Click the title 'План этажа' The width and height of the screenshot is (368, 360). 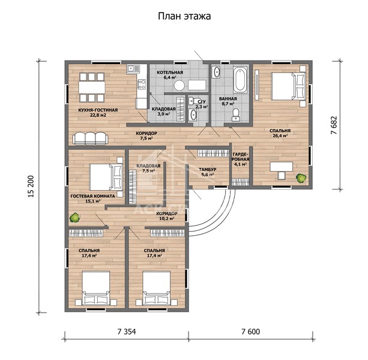pos(184,16)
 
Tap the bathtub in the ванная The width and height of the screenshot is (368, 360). pos(240,80)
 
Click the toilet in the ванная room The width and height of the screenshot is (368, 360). pos(236,115)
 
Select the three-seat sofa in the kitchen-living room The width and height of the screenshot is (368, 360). pos(91,139)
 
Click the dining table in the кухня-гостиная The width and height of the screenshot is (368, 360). pos(92,87)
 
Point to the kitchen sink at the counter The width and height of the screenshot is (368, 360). pos(133,69)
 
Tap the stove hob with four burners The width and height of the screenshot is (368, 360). pos(142,84)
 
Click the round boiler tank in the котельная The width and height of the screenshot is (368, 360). pos(179,86)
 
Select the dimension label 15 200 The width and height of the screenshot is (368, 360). pos(31,187)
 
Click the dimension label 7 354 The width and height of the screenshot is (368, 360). pos(127,332)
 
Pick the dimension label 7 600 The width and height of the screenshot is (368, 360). pos(251,332)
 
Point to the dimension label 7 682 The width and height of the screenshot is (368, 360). pos(334,125)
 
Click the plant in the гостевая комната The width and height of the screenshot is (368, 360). pos(74,218)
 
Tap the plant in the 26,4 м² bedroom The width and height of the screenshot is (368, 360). pos(301,178)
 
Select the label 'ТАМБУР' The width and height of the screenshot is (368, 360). pos(208,169)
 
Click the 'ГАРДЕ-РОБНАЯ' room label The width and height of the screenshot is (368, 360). pos(240,157)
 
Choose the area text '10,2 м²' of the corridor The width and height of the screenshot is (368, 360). pos(166,218)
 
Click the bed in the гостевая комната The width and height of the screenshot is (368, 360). pos(106,177)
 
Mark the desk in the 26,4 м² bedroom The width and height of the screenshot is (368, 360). pos(282,167)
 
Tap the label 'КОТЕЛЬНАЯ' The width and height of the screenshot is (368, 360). pos(170,72)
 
